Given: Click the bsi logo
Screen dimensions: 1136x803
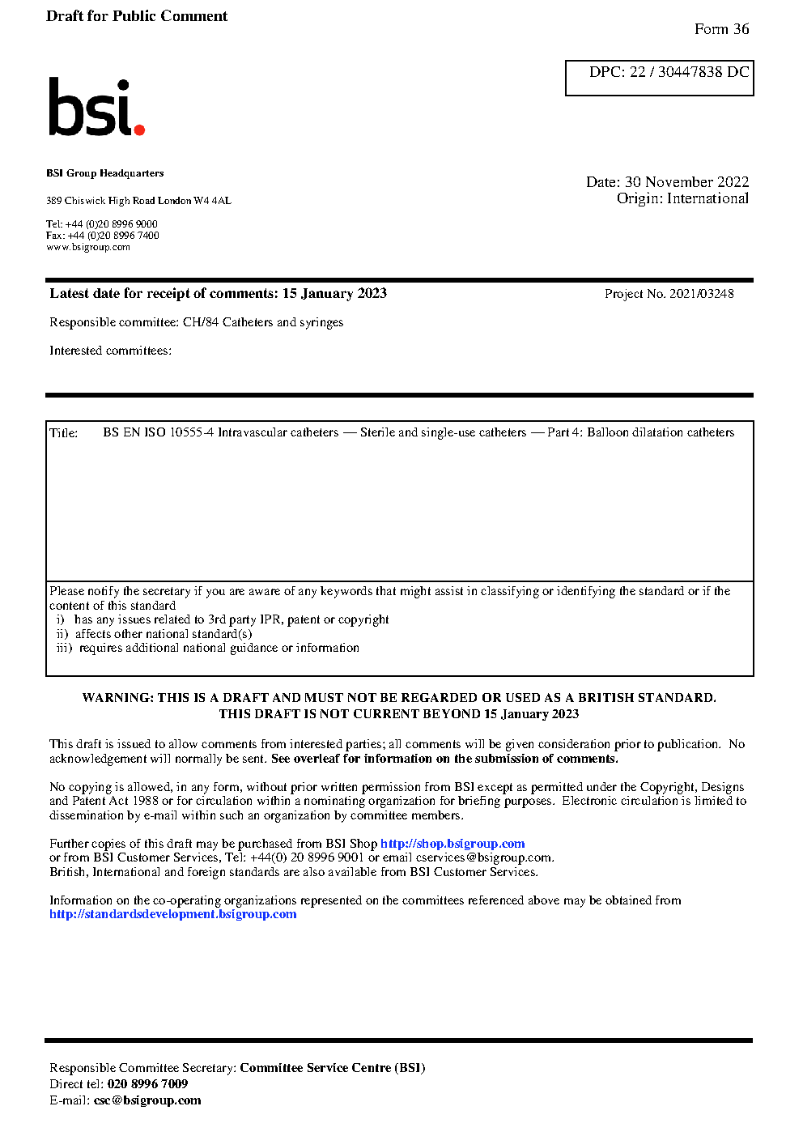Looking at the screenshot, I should coord(96,107).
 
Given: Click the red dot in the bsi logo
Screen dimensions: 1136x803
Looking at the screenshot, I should coord(139,129).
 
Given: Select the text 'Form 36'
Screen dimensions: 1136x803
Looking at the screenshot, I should coord(721,29).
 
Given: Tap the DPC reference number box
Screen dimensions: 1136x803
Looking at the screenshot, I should coord(659,78).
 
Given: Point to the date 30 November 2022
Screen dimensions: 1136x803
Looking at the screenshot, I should coord(686,182).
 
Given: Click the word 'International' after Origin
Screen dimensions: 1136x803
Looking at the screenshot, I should coord(707,198).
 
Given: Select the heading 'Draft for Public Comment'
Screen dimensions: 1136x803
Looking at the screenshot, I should coord(137,16).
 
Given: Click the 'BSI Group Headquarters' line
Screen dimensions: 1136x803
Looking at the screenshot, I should coord(104,173).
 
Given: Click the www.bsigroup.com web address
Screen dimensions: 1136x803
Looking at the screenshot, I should coord(88,247).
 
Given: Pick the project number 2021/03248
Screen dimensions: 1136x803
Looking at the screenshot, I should coord(701,294).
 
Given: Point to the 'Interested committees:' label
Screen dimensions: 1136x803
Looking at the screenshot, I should coord(110,351).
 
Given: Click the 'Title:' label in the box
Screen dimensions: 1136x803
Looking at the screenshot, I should coord(64,433).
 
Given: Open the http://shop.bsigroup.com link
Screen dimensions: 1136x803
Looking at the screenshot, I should coord(452,844).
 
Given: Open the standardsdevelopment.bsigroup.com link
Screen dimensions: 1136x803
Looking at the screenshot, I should coord(172,914).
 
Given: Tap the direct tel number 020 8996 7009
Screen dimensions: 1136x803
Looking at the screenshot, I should coord(147,1084).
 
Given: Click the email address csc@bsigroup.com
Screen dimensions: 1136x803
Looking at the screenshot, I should coord(147,1100).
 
